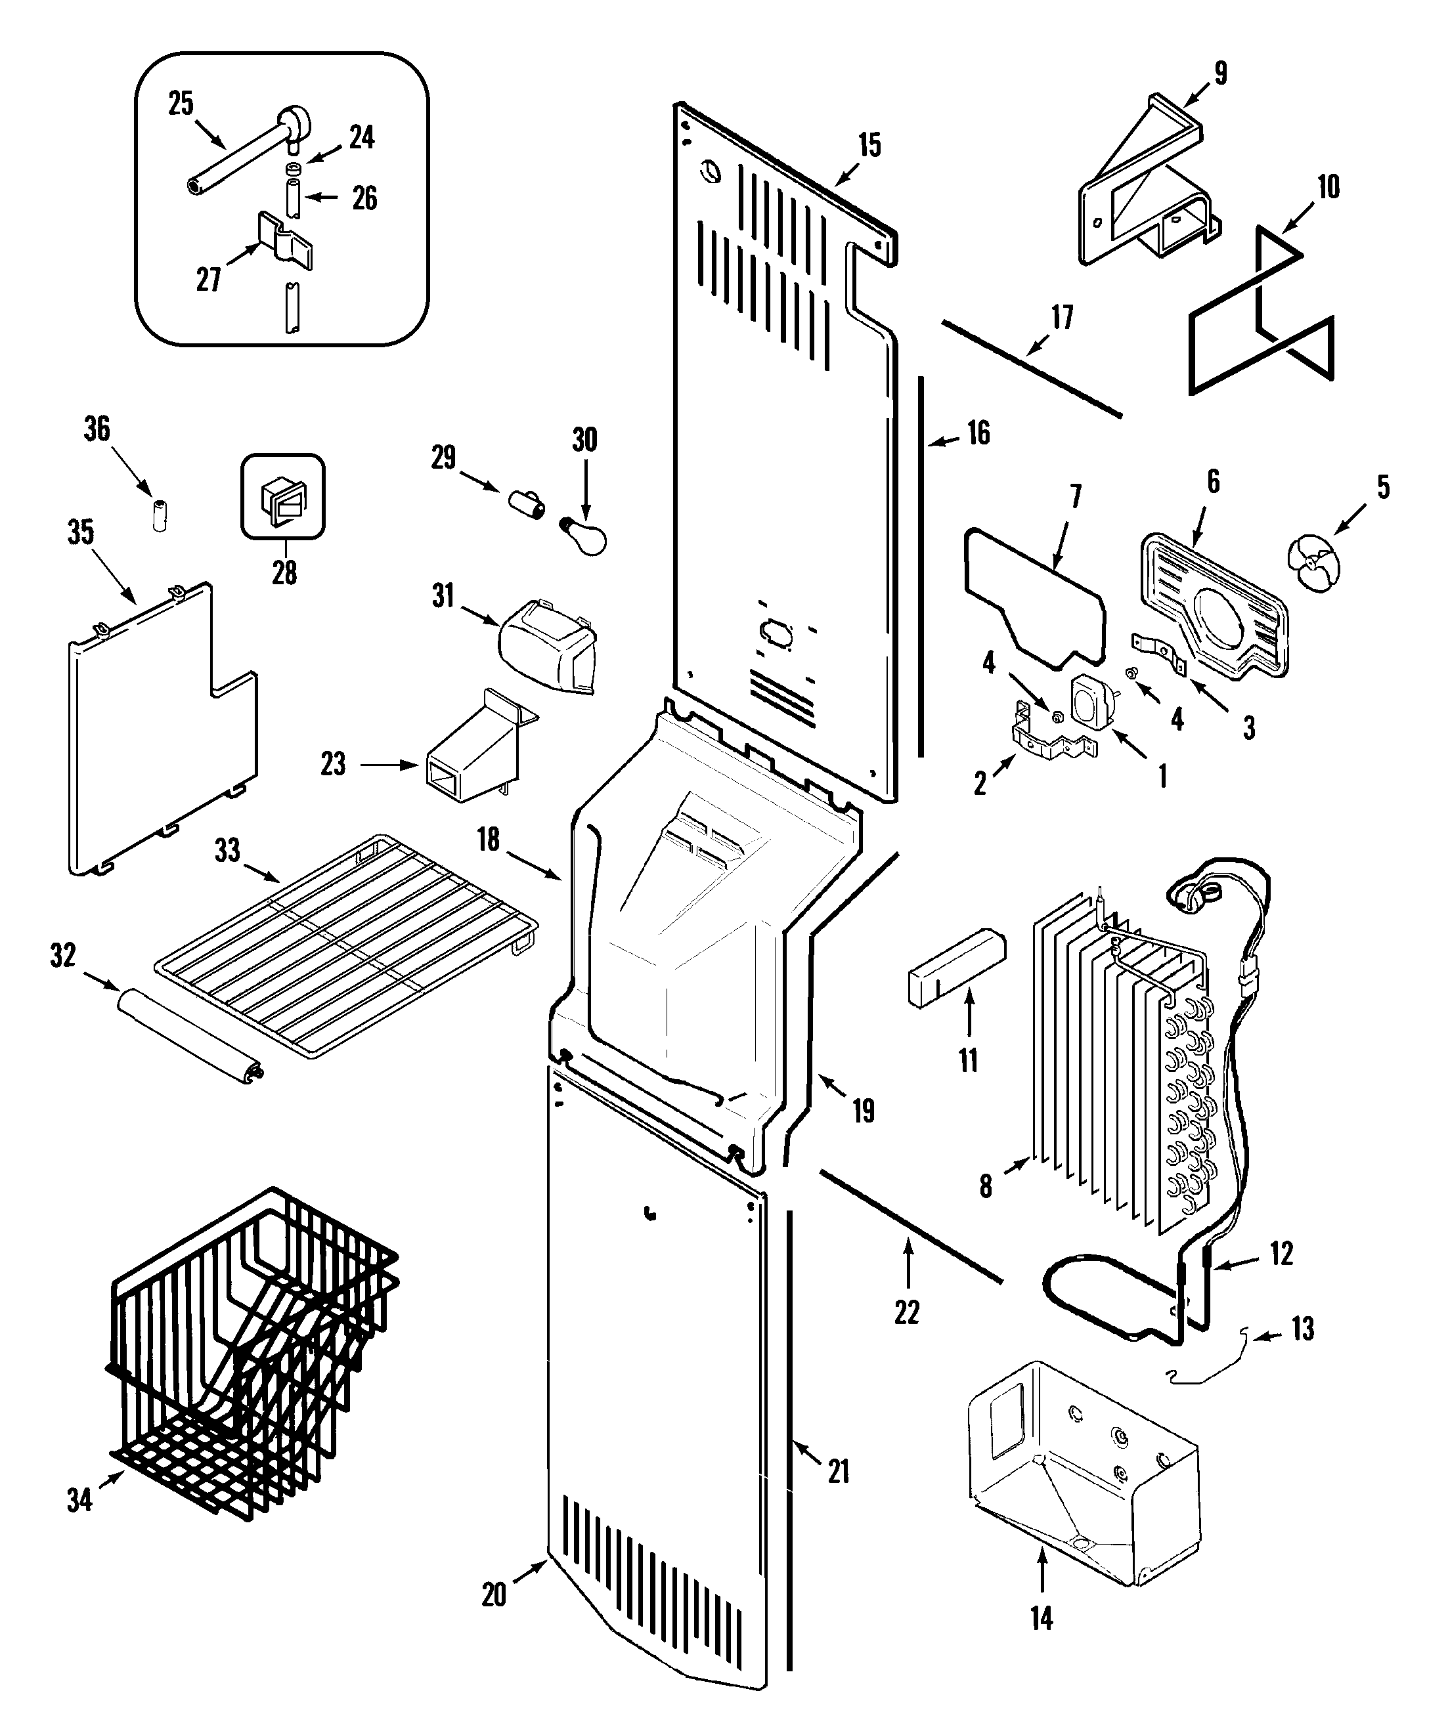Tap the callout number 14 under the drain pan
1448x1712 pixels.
1041,1617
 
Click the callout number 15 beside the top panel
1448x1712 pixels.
869,145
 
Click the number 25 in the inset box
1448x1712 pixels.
181,104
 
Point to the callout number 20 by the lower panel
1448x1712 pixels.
493,1594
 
